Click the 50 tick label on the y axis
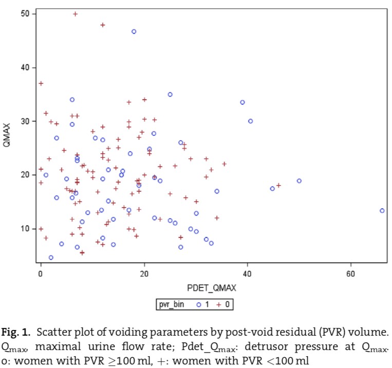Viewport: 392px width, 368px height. tap(25, 14)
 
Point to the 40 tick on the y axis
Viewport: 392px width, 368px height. tap(25, 67)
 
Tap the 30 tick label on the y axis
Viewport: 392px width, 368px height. tap(25, 121)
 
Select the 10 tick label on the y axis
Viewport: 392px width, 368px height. tap(25, 229)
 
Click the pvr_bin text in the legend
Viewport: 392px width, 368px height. tap(172, 305)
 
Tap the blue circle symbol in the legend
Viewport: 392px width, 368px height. tap(198, 305)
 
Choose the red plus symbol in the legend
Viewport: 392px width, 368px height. tap(217, 305)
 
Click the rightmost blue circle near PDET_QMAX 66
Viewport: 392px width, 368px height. tap(382, 211)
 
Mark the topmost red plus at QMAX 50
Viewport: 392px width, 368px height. tap(75, 14)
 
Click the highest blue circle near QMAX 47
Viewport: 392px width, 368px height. tap(134, 31)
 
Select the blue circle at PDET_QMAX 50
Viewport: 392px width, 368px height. tap(299, 181)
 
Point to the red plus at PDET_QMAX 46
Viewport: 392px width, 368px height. tap(278, 186)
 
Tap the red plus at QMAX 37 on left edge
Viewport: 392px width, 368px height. tap(41, 83)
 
